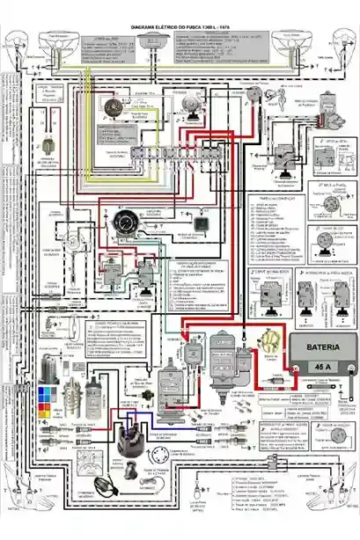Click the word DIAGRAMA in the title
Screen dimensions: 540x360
[x=143, y=28]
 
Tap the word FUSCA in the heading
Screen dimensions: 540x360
[x=188, y=28]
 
